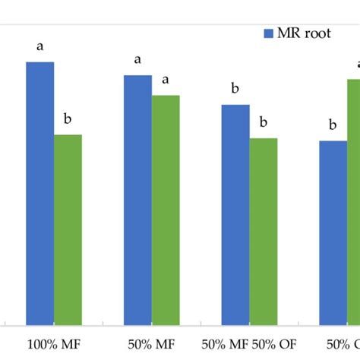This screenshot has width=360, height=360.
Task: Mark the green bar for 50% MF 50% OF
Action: pyautogui.click(x=264, y=232)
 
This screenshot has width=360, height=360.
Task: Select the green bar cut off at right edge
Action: pyautogui.click(x=353, y=202)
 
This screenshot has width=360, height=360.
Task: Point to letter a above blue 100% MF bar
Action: pyautogui.click(x=40, y=46)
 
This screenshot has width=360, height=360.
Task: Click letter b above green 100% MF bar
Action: pyautogui.click(x=68, y=119)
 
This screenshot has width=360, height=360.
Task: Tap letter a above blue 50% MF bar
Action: pyautogui.click(x=137, y=59)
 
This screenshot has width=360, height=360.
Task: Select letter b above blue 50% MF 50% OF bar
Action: pyautogui.click(x=235, y=89)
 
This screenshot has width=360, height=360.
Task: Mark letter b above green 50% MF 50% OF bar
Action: pyautogui.click(x=264, y=122)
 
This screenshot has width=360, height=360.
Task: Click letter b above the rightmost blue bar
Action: pyautogui.click(x=332, y=125)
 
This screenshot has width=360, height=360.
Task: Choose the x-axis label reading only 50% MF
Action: pyautogui.click(x=151, y=344)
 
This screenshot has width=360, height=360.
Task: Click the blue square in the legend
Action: pyautogui.click(x=267, y=33)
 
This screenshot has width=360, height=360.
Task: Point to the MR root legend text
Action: pyautogui.click(x=305, y=33)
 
